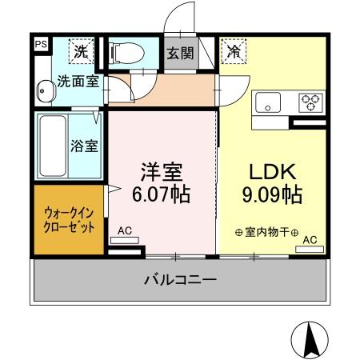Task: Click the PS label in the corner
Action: click(40, 45)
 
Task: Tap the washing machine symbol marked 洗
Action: click(82, 51)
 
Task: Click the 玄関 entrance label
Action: click(178, 53)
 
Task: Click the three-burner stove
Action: click(310, 102)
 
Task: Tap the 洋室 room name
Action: click(162, 172)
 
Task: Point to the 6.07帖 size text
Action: click(162, 194)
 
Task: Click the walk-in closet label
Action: click(68, 220)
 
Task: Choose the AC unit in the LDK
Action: click(310, 250)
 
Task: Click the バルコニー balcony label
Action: click(180, 281)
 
